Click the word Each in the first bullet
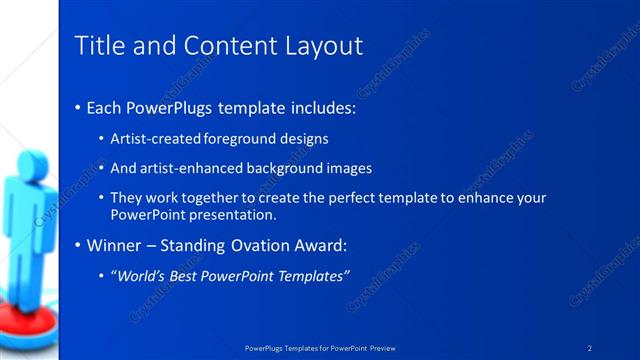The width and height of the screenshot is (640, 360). [x=105, y=106]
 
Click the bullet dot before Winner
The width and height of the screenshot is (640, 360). [x=78, y=245]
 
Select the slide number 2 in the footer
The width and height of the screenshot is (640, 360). [x=590, y=347]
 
